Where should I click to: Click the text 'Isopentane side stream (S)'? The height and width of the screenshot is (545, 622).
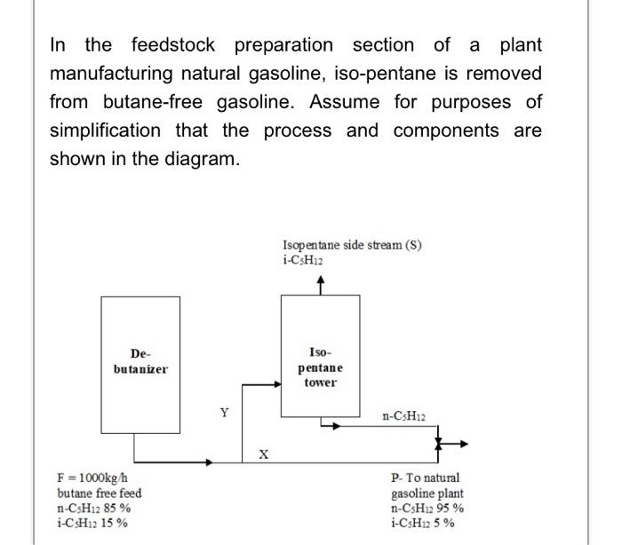352,245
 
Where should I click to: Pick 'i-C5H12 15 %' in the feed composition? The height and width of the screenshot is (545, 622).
92,523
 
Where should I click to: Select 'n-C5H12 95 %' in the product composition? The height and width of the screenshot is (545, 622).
427,508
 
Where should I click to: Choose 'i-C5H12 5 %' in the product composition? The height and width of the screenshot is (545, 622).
423,523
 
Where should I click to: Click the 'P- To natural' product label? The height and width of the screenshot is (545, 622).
426,478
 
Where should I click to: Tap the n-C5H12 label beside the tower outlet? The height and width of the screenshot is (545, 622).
404,415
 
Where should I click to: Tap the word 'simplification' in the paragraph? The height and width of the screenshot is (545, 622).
105,130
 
